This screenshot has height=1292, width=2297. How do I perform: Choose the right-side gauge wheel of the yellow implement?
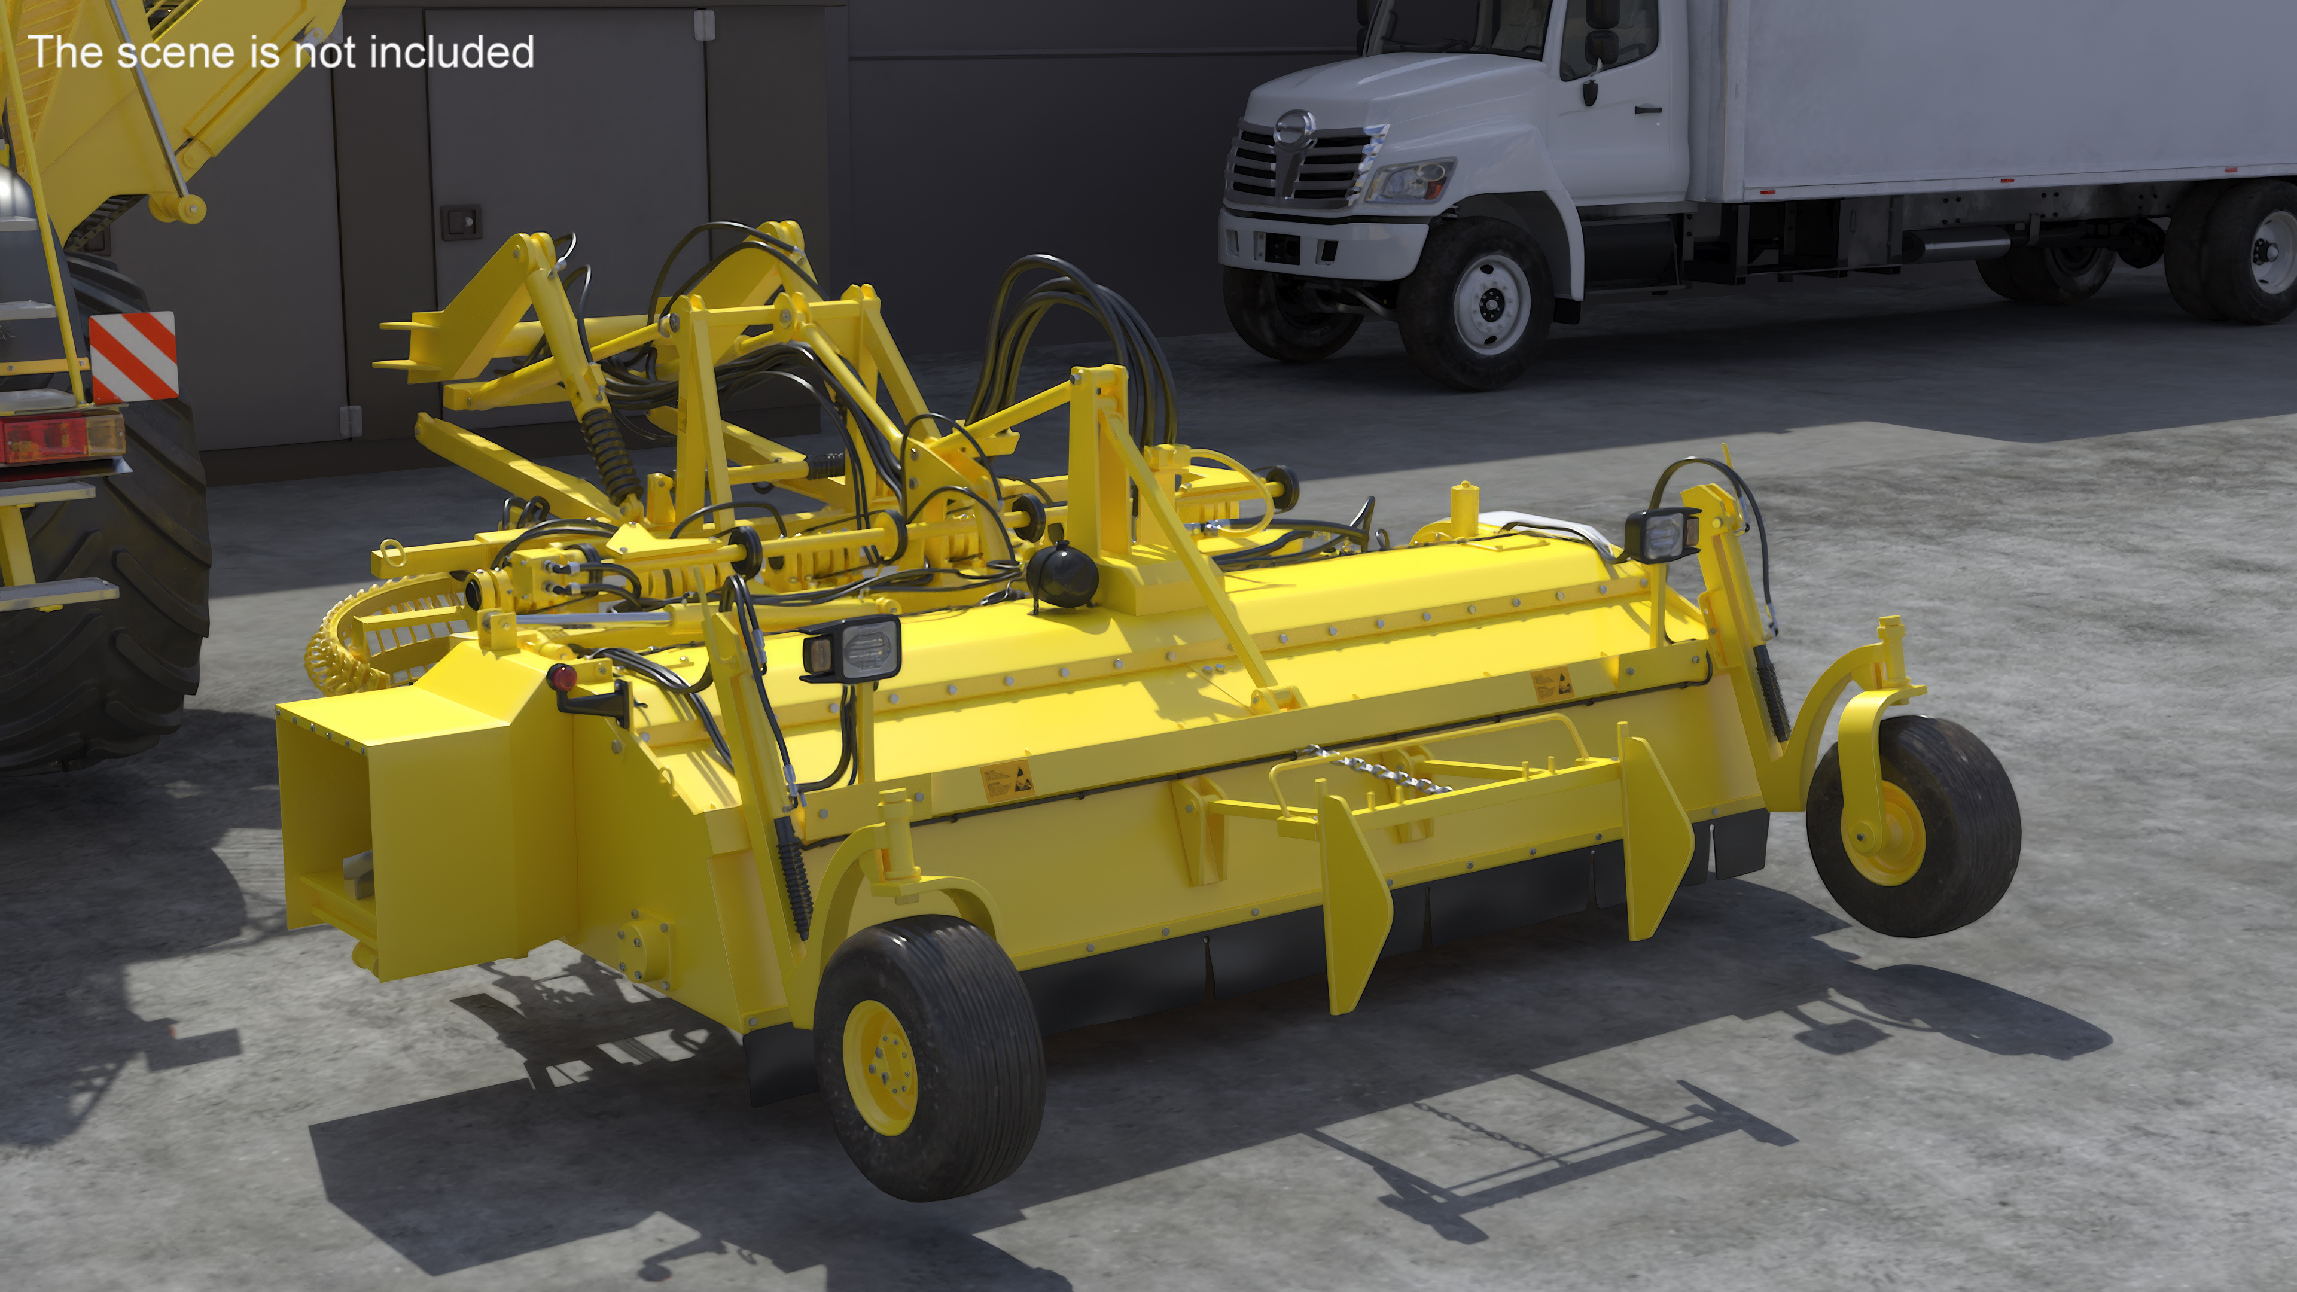click(x=1914, y=825)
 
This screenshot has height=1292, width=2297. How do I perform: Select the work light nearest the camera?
click(x=850, y=645)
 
